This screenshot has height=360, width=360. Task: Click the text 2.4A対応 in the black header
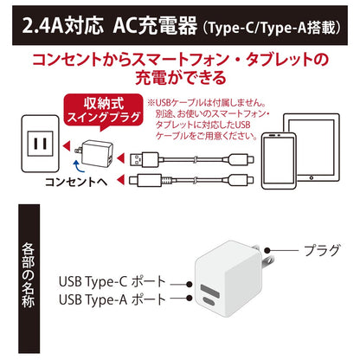62,26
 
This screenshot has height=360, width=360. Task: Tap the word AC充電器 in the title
155,26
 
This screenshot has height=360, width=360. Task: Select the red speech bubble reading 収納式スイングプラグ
104,111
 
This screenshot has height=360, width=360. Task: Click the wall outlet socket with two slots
41,144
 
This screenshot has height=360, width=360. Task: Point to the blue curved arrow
78,166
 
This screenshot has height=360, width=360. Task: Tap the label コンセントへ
76,182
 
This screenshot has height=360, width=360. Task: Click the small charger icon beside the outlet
94,153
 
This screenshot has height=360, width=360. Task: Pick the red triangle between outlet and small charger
67,145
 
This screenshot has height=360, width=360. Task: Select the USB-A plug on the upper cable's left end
144,159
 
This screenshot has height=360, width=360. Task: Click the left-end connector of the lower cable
145,180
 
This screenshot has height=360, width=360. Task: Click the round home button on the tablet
312,177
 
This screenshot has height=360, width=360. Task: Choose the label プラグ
322,250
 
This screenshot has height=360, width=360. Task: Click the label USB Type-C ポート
112,282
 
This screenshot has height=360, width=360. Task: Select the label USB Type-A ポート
112,299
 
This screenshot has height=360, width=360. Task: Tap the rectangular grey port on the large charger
209,291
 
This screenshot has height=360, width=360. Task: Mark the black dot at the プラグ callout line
268,250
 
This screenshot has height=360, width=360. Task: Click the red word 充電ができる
181,78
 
